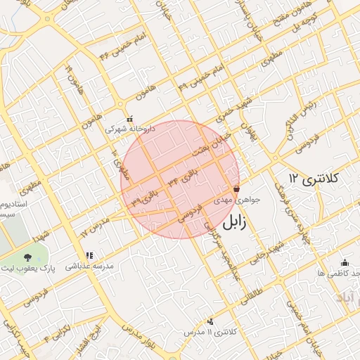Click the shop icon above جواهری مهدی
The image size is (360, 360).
click(x=236, y=189)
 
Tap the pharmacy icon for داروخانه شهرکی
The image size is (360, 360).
click(x=129, y=119)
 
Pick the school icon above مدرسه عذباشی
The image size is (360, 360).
click(x=89, y=256)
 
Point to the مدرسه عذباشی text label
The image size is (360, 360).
click(x=86, y=267)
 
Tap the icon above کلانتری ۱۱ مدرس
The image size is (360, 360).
click(x=210, y=321)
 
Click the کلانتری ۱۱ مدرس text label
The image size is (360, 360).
click(x=211, y=331)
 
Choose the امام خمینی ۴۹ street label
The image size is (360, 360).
click(x=200, y=77)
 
